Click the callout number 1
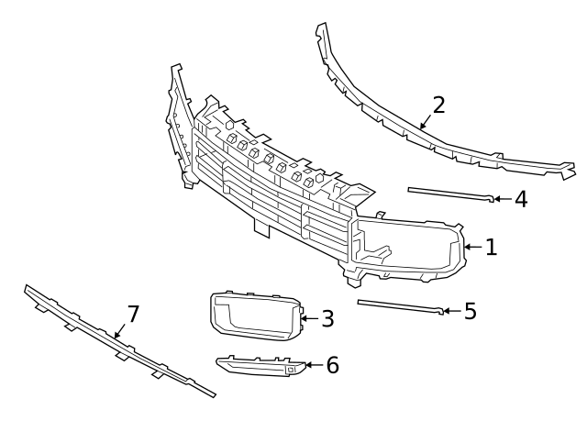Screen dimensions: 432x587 (491, 247)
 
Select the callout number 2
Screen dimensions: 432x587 (438, 104)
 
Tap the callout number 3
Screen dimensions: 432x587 (327, 318)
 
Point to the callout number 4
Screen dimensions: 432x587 (520, 198)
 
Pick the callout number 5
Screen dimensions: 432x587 (470, 311)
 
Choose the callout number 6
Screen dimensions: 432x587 (332, 365)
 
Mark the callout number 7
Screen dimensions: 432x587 (133, 315)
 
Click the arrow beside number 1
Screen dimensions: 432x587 (472, 247)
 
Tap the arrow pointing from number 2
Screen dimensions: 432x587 (425, 120)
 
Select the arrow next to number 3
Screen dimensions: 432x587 (308, 318)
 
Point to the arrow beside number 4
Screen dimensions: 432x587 (501, 198)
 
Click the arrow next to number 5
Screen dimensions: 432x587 (450, 311)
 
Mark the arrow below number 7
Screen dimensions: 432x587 (118, 332)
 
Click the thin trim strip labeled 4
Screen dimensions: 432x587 (449, 194)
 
